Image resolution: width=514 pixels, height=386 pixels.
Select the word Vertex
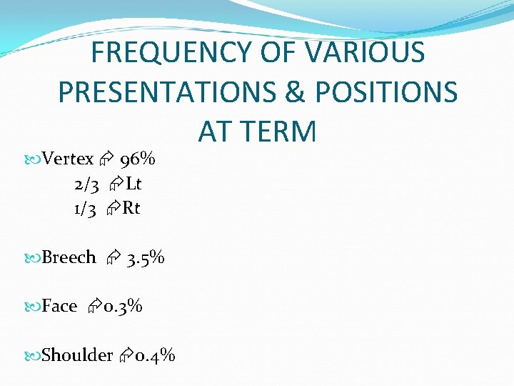68,159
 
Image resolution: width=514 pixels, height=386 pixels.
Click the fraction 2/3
86,184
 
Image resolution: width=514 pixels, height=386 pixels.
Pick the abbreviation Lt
133,184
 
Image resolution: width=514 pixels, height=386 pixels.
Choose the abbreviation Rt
131,209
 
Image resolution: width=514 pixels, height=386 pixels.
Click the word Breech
69,257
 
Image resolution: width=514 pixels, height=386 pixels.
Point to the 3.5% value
145,257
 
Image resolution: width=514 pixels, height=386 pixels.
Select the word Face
59,307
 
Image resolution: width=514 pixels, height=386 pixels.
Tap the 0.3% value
123,307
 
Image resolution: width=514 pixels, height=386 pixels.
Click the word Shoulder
77,355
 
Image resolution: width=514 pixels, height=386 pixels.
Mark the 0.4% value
155,355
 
